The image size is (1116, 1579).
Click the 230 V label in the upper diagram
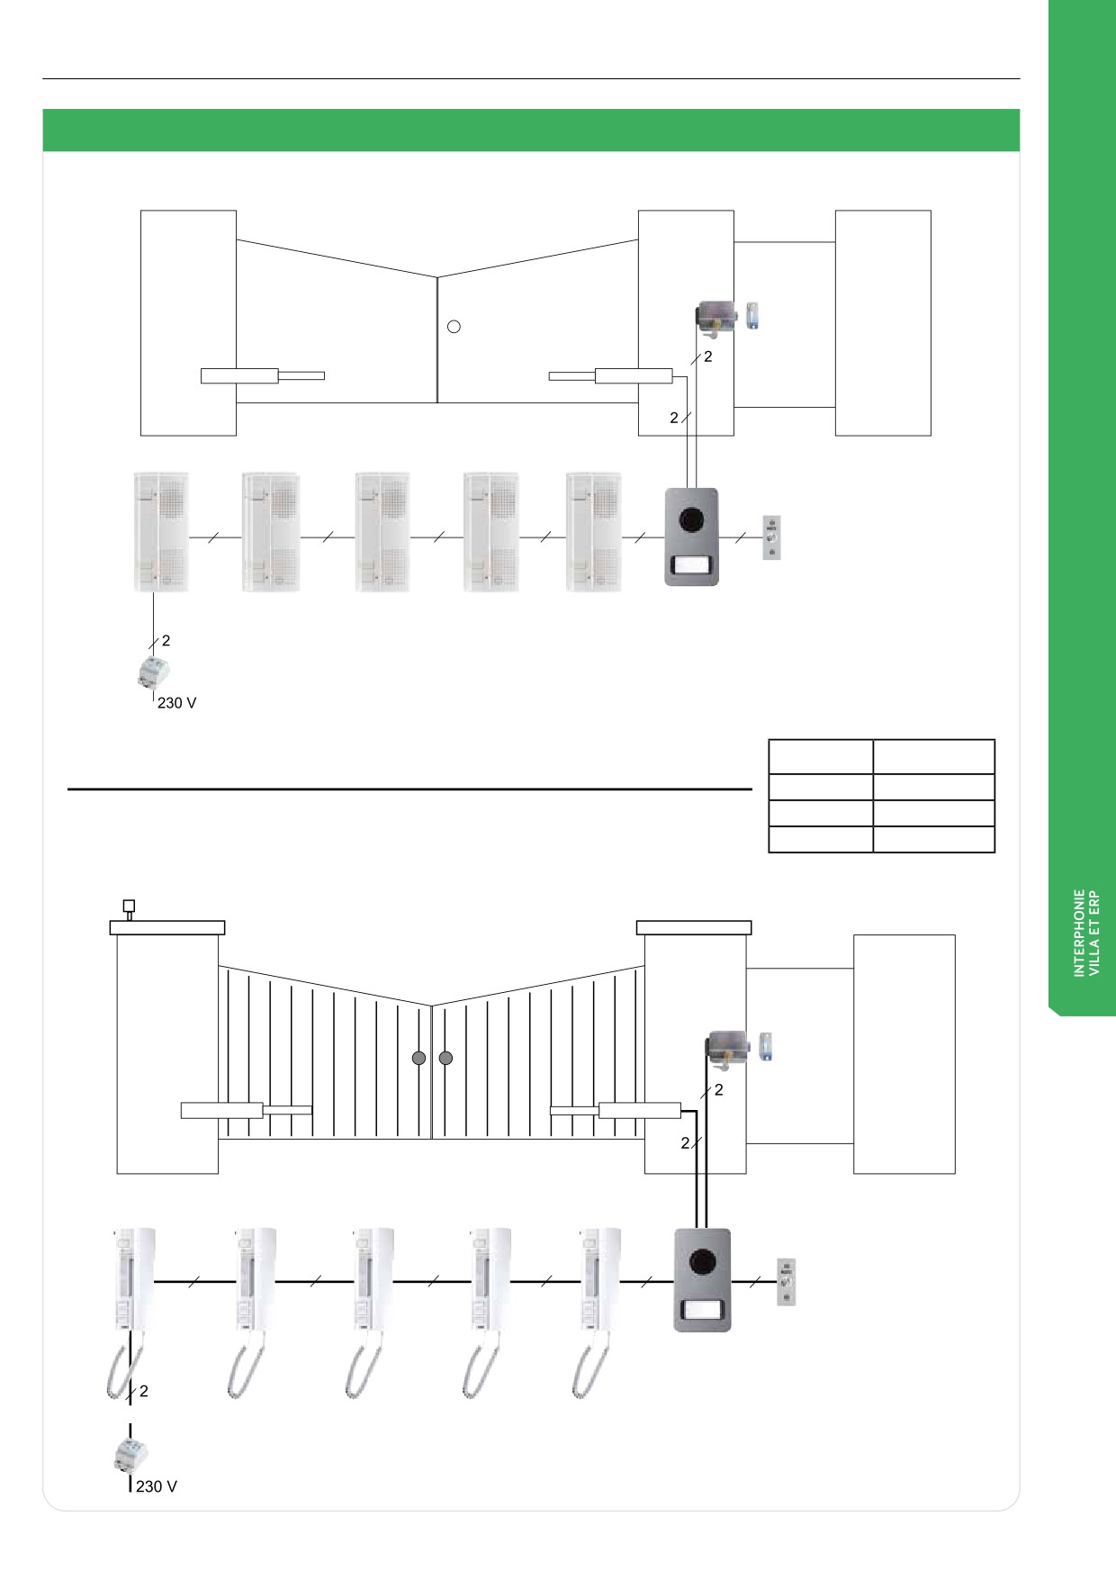(x=177, y=703)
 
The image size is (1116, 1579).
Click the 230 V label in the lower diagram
(x=157, y=1486)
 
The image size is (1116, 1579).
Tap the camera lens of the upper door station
(x=691, y=519)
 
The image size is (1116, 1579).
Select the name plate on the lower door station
(x=702, y=1309)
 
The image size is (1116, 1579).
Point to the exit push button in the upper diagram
(x=772, y=537)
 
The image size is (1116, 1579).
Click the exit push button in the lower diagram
(x=786, y=1281)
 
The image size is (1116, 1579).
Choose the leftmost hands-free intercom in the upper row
(x=161, y=532)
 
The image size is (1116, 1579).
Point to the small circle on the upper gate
(x=454, y=327)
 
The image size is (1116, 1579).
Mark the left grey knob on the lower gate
(x=418, y=1059)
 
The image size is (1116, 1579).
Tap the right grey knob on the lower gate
(x=445, y=1059)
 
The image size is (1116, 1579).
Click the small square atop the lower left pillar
(x=129, y=905)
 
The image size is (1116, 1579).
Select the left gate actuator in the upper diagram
(x=263, y=376)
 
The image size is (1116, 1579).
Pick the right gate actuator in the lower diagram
(x=616, y=1110)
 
